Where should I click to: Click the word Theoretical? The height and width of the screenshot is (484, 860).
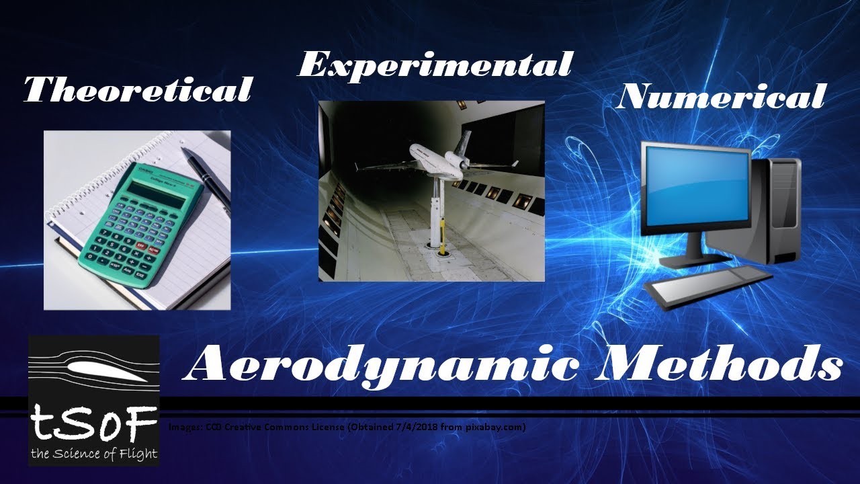138,89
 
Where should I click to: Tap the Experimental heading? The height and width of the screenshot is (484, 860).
434,65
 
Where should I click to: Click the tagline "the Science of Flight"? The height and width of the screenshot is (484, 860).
94,454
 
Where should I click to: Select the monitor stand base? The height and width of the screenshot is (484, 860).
689,258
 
